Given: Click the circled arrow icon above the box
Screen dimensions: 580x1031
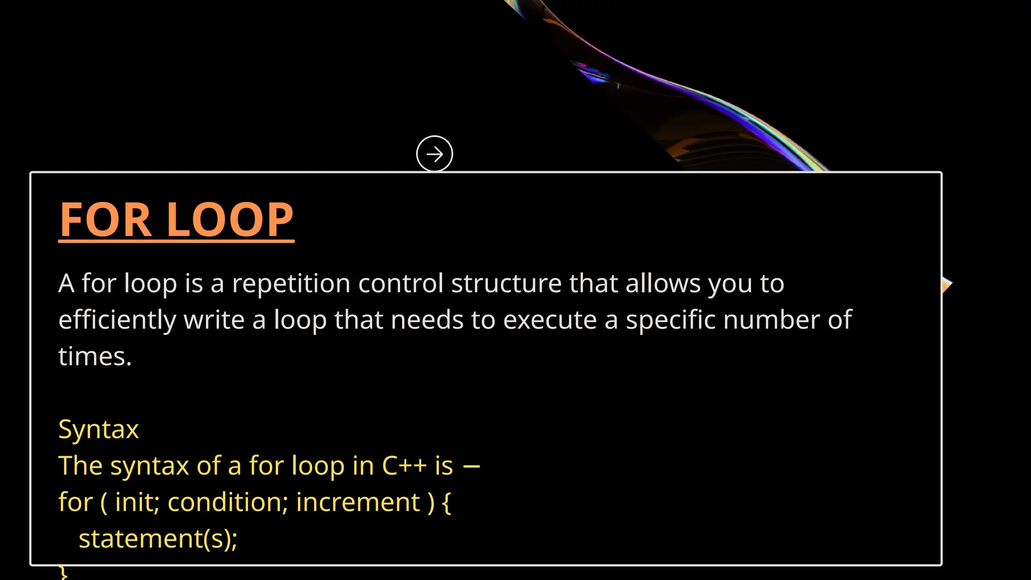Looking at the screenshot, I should (434, 154).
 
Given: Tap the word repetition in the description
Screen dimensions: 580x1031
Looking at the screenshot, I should (291, 284).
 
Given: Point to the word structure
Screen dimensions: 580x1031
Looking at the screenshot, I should (506, 283).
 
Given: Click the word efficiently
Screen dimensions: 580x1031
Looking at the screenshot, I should (117, 321).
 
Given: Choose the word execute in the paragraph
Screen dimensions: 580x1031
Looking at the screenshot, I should (550, 320).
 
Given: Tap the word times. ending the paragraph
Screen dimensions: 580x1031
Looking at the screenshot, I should (95, 357).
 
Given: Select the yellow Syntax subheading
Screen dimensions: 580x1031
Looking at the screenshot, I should (99, 430).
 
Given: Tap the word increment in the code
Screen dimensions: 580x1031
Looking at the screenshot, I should (358, 502).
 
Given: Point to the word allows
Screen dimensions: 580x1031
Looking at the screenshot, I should (663, 283).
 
